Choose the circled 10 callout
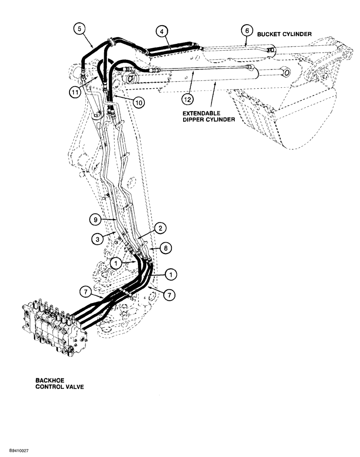coord(139,103)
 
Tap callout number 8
coord(167,247)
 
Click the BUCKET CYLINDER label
coord(284,34)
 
